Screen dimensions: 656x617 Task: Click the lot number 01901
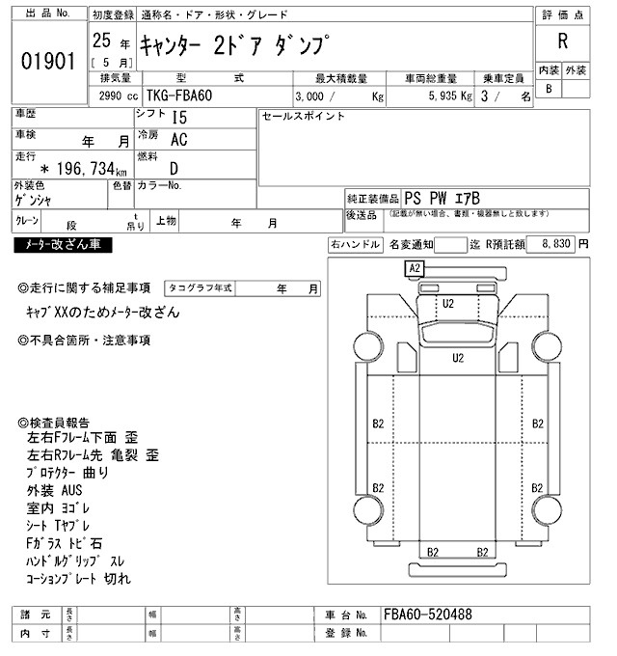(x=47, y=62)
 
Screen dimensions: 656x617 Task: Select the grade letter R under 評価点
(x=562, y=41)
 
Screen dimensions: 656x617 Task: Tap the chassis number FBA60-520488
(x=427, y=615)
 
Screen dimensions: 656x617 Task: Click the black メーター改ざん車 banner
(x=63, y=245)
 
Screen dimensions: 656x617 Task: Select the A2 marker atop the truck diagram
(x=416, y=267)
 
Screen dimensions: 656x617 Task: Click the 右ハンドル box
(x=356, y=245)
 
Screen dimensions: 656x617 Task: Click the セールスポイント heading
(x=303, y=116)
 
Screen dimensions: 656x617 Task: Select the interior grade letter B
(x=549, y=89)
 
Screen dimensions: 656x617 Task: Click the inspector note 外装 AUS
(x=56, y=491)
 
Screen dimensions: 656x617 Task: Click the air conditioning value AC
(x=178, y=139)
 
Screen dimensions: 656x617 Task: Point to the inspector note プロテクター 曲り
(x=69, y=473)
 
